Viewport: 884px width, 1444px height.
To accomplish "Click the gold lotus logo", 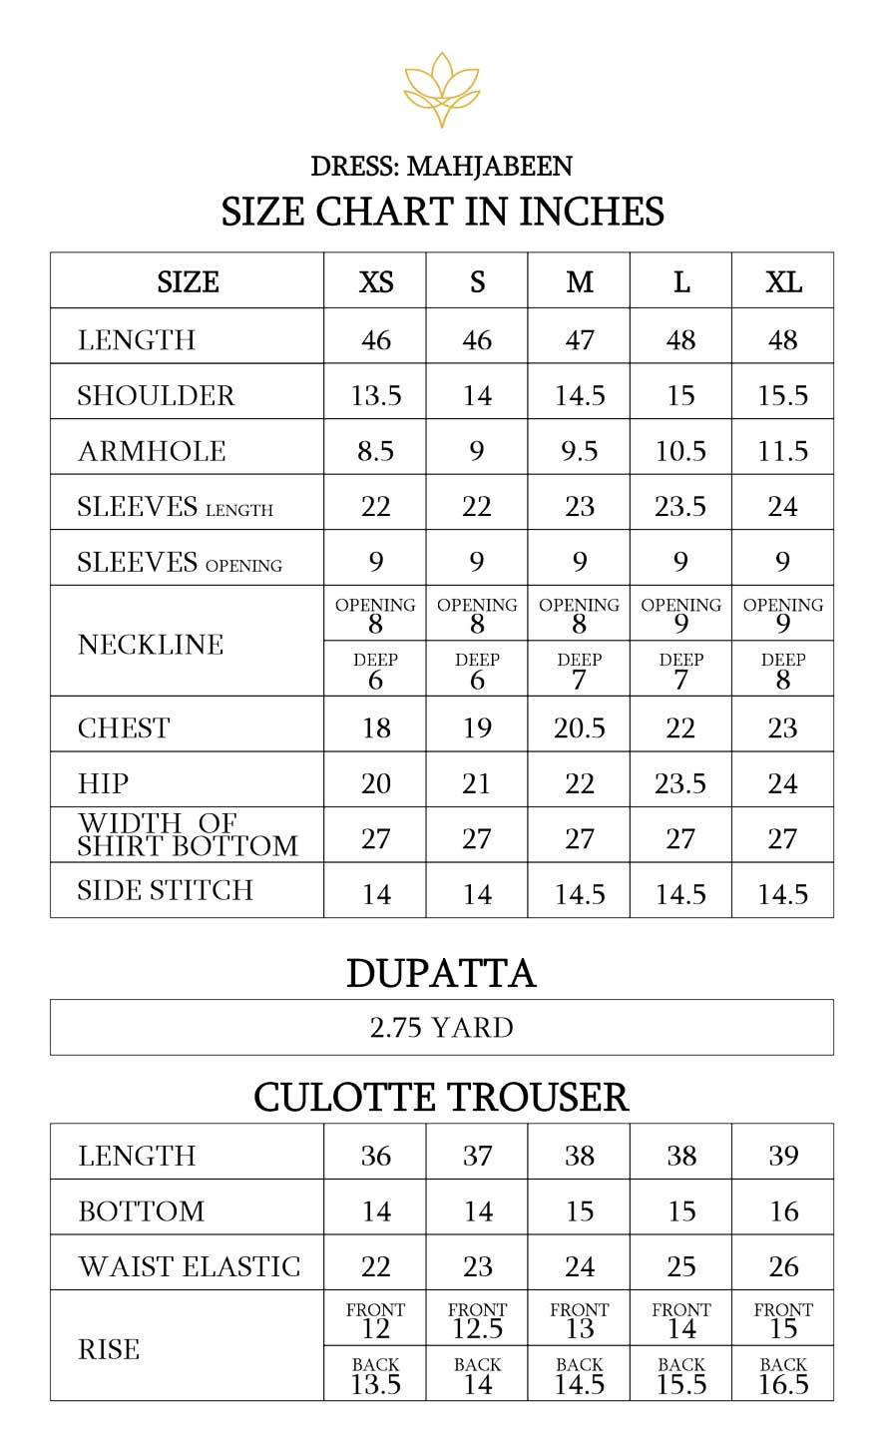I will click(442, 91).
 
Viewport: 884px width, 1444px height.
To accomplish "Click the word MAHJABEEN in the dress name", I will click(489, 166).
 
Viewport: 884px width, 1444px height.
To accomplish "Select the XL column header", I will click(782, 282).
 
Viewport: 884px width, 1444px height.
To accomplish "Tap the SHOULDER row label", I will click(156, 395).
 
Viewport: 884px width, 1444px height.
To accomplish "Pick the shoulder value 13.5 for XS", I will click(375, 395).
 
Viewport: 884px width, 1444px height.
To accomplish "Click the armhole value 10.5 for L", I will click(680, 451).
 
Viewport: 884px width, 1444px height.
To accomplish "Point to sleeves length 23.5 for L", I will click(680, 507).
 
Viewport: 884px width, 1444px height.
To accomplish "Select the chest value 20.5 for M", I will click(579, 727).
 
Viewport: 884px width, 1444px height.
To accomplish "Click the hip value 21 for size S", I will click(477, 783).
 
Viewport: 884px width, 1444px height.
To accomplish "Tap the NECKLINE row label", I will click(151, 644).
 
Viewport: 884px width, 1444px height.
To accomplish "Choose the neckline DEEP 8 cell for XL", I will click(782, 671).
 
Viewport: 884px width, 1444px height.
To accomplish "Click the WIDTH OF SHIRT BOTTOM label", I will click(188, 835).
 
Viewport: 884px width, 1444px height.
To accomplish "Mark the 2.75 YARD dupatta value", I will click(442, 1027).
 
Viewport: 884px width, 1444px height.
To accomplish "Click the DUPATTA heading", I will click(441, 973).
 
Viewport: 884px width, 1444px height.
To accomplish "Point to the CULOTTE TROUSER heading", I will click(441, 1097).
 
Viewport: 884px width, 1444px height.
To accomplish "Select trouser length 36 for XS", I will click(375, 1155).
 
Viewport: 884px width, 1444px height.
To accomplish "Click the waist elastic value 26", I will click(783, 1266).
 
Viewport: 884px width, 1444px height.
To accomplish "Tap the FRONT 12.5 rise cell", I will click(477, 1320).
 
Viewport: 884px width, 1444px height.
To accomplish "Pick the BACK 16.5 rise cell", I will click(782, 1375).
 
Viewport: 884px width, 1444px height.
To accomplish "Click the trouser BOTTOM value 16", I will click(783, 1210).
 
